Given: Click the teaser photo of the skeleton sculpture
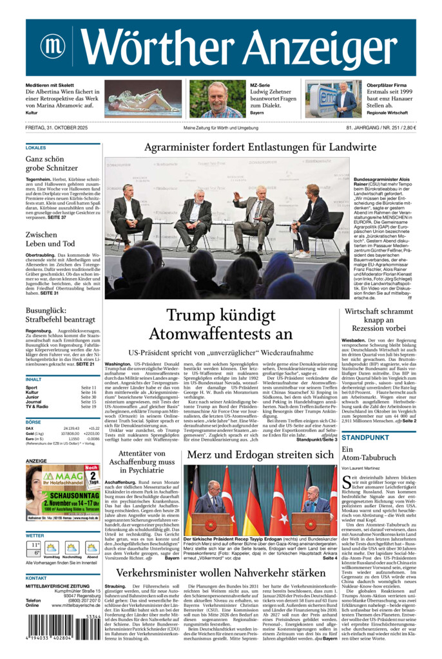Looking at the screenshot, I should pyautogui.click(x=143, y=99).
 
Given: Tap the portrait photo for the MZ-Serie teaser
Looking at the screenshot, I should pyautogui.click(x=217, y=99).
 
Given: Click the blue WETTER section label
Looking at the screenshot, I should pyautogui.click(x=35, y=535).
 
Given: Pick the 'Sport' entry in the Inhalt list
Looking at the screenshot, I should pyautogui.click(x=32, y=387).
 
